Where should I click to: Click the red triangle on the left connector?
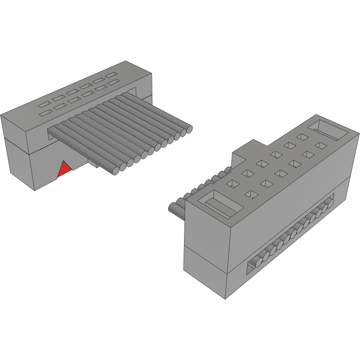[64, 170]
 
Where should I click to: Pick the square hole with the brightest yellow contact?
[251, 195]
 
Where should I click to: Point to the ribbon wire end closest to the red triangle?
[115, 170]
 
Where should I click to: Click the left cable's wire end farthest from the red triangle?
[189, 129]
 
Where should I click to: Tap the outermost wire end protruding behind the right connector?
[173, 208]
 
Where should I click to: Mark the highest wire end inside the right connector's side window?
[331, 202]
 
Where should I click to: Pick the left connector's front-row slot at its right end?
[113, 82]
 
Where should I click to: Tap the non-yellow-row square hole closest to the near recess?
[233, 184]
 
